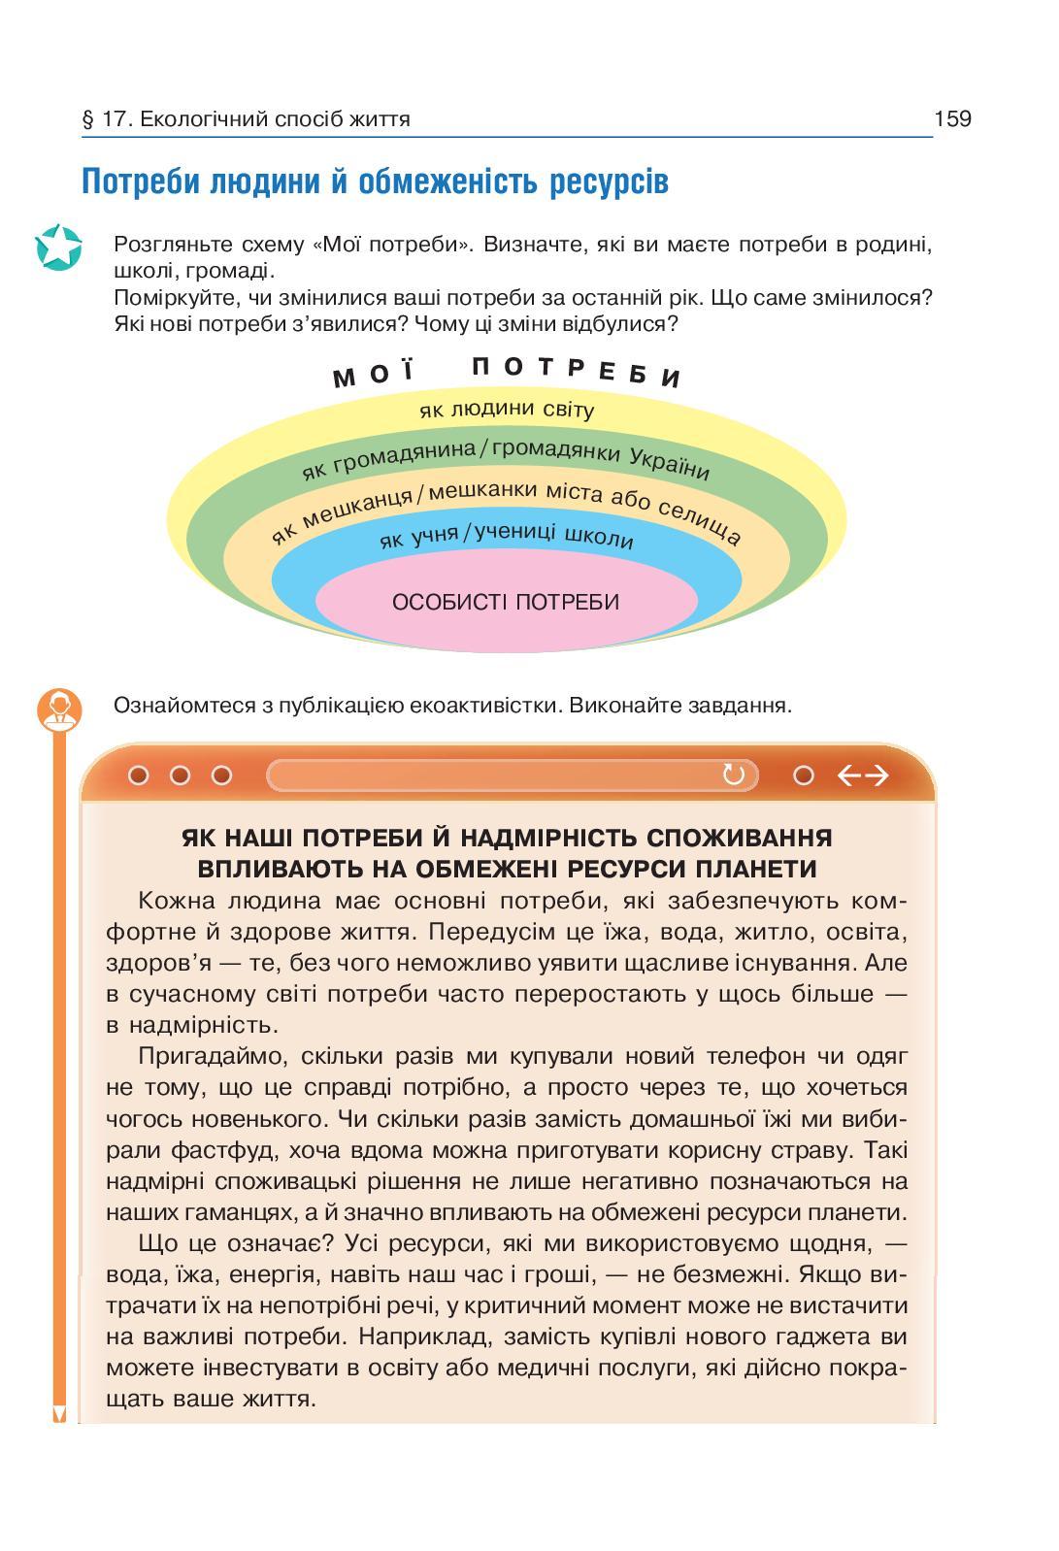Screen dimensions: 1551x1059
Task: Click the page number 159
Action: (x=951, y=119)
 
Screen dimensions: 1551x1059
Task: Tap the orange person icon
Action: (x=59, y=709)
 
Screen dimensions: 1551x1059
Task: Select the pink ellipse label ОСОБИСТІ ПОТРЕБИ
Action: (x=506, y=602)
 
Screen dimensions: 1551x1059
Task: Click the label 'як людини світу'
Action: (x=506, y=409)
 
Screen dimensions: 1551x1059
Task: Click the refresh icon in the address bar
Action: (x=733, y=775)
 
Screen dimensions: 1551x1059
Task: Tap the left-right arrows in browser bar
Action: (x=863, y=775)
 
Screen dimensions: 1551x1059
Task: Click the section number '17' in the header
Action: (x=113, y=119)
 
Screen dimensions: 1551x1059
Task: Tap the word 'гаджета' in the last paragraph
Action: (x=830, y=1336)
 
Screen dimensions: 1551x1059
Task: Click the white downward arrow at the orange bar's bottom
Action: (x=59, y=1413)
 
